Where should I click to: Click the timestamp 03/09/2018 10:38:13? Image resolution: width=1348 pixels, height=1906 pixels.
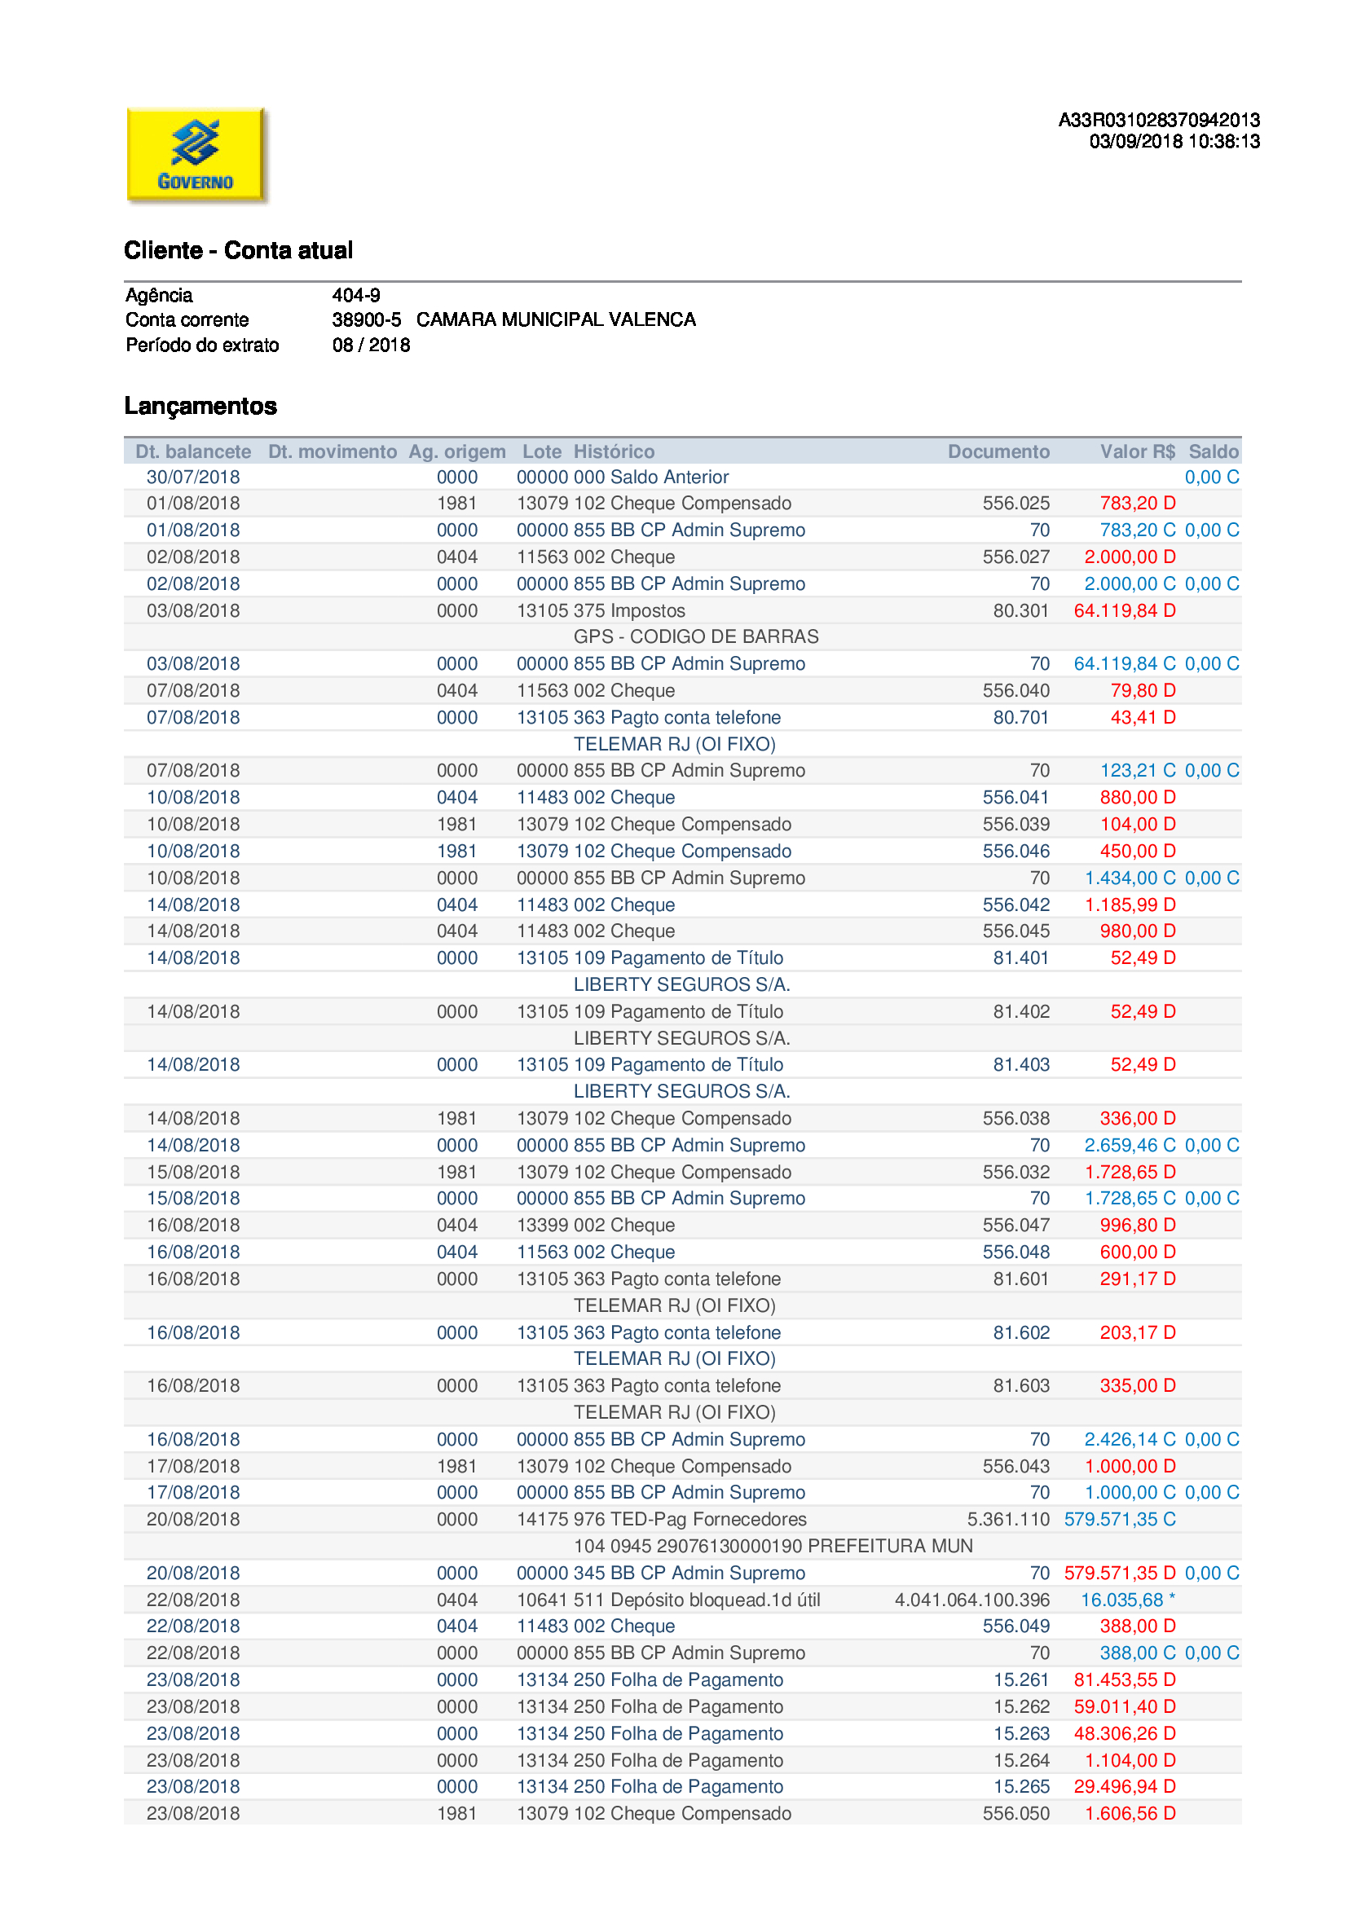[x=1174, y=142]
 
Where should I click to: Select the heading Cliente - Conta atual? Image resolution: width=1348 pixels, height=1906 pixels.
[x=238, y=250]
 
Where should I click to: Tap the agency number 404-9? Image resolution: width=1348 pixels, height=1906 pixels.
[x=356, y=295]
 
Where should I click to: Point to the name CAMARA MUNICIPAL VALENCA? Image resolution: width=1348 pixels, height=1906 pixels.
[x=555, y=319]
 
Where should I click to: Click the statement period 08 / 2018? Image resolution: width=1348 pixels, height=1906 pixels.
[x=371, y=345]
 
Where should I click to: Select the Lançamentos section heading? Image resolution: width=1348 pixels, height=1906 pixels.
[x=200, y=406]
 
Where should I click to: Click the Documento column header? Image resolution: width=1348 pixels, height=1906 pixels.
[x=998, y=451]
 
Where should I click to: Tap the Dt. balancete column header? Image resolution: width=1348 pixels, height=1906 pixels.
[x=193, y=451]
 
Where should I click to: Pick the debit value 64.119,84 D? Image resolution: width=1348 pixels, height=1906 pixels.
[x=1124, y=611]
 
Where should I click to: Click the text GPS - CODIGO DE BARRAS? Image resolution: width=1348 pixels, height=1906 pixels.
[x=695, y=636]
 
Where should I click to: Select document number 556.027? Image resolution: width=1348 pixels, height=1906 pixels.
[x=1015, y=557]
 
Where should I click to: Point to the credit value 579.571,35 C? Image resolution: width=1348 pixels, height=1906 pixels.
[x=1119, y=1519]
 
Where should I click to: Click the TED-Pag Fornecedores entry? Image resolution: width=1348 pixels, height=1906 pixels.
[x=707, y=1519]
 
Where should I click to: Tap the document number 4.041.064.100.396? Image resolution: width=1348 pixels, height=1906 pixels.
[x=971, y=1600]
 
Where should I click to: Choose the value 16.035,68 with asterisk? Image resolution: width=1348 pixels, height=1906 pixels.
[x=1127, y=1600]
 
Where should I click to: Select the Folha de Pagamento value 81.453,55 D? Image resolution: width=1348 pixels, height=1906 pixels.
[x=1124, y=1679]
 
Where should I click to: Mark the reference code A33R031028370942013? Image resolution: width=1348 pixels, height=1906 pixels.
[x=1159, y=121]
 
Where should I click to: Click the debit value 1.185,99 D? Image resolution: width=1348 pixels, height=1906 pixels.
[x=1130, y=905]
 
